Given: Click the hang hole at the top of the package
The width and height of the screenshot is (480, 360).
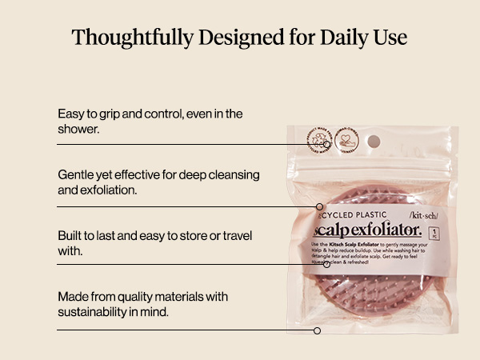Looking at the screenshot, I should [x=374, y=142].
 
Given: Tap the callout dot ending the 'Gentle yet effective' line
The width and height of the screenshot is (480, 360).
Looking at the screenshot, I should [x=319, y=206].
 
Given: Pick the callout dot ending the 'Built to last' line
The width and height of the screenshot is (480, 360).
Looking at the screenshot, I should [x=326, y=264].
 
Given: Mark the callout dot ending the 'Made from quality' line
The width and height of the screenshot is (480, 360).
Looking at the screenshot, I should [x=317, y=330].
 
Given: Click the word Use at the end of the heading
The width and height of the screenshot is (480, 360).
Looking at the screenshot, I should [x=390, y=38].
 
